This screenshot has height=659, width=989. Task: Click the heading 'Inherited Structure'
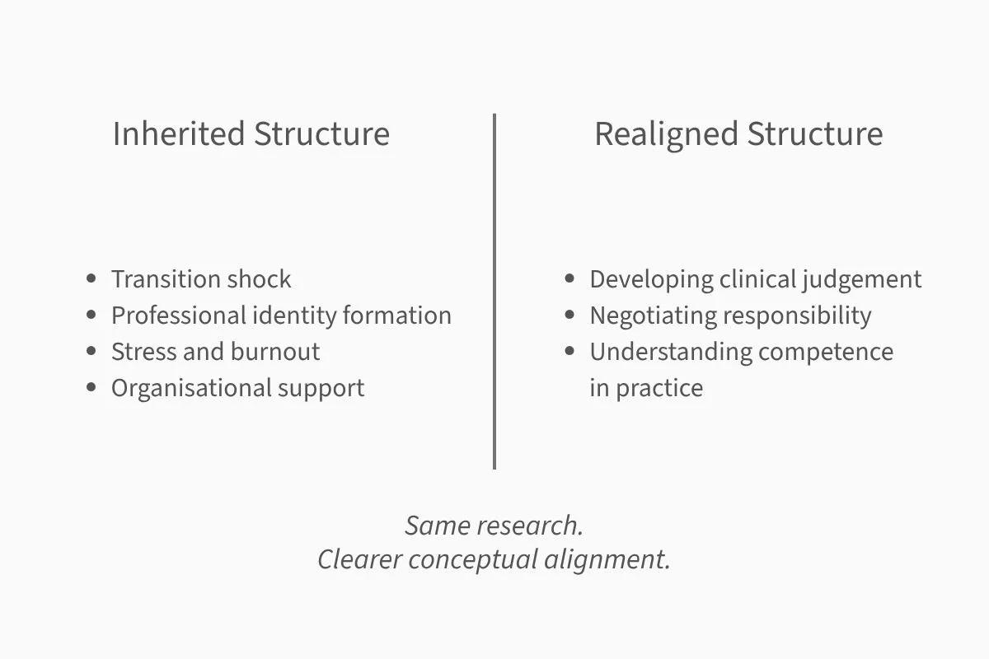click(x=251, y=134)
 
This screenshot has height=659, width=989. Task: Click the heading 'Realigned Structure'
click(x=738, y=134)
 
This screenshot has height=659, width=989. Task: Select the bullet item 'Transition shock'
click(x=200, y=279)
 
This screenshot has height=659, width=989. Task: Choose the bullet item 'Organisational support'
click(x=237, y=388)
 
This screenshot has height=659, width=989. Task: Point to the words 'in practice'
click(x=646, y=388)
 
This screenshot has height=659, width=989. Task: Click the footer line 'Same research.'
click(x=494, y=526)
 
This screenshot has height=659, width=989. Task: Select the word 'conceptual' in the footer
click(x=473, y=559)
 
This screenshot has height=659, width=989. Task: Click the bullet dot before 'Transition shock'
click(x=91, y=279)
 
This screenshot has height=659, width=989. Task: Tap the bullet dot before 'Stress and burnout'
click(x=91, y=352)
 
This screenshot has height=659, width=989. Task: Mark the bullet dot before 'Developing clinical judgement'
click(x=569, y=279)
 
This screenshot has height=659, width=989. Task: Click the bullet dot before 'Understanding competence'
click(x=569, y=352)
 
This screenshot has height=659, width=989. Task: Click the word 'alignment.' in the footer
click(x=607, y=559)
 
